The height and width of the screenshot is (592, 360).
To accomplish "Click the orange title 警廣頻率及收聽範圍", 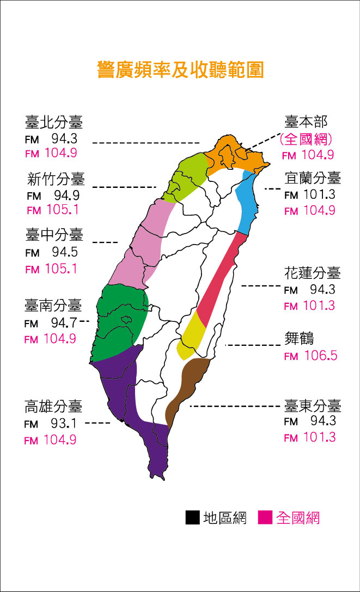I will tap(180, 70).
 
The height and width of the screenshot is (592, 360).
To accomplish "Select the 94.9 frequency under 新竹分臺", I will tap(66, 194).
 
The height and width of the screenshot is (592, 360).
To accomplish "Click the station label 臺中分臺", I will tap(54, 235).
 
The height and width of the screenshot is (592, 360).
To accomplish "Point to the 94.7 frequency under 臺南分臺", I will tap(64, 323).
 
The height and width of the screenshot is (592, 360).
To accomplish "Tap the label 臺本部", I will tap(307, 121).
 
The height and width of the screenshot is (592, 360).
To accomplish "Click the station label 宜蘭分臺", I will tap(313, 178).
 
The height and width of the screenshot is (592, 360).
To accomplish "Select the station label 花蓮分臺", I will tap(313, 273).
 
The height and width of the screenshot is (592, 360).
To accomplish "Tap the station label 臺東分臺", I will tap(313, 406).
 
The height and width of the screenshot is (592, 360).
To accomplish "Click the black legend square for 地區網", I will tap(192, 517).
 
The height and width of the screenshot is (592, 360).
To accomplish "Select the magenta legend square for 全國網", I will tap(265, 517).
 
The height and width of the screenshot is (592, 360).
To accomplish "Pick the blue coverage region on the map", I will tap(248, 202).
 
